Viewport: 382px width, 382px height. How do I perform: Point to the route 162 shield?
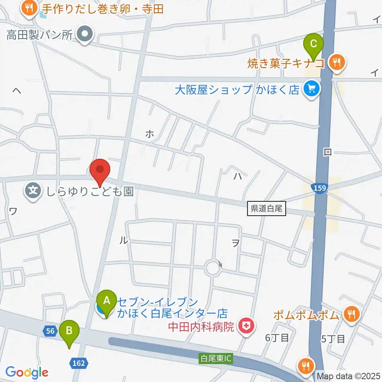tap(79, 362)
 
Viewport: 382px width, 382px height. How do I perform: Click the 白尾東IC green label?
tap(216, 358)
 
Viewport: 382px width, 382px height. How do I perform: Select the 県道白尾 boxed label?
tap(267, 209)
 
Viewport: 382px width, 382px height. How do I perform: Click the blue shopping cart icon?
tap(311, 89)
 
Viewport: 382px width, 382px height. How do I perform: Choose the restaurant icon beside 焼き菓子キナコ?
tap(337, 62)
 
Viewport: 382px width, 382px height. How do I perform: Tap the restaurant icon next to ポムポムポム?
tap(351, 314)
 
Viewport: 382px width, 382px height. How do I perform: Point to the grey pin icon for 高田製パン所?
tap(85, 35)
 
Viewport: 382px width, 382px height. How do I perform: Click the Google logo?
tap(27, 372)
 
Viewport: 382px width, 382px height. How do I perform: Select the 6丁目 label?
tap(277, 338)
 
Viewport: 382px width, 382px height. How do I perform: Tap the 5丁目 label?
tap(332, 339)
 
